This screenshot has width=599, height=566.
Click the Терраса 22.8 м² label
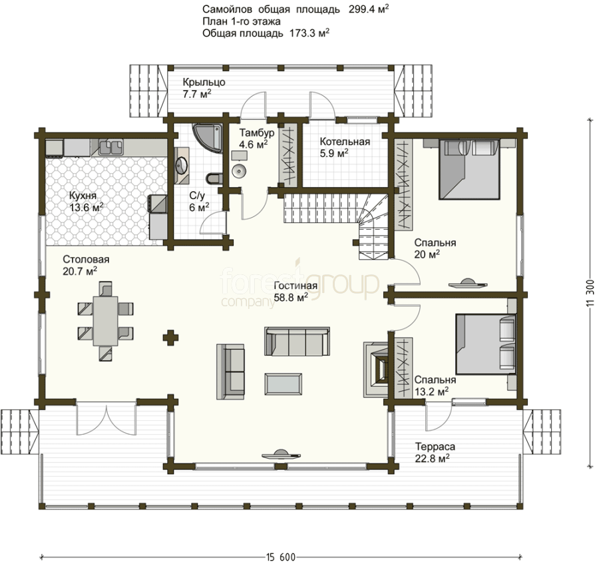(435, 453)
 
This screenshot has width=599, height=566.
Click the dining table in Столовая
(105, 321)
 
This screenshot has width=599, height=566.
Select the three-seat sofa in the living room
(297, 341)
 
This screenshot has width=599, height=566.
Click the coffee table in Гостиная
(283, 384)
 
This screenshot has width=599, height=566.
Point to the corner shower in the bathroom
(208, 138)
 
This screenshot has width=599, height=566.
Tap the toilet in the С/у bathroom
(214, 178)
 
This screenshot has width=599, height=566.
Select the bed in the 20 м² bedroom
(469, 169)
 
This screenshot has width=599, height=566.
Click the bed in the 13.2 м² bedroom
(485, 344)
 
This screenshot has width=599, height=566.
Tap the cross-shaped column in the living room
(170, 338)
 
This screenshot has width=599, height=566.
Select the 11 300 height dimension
(590, 293)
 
